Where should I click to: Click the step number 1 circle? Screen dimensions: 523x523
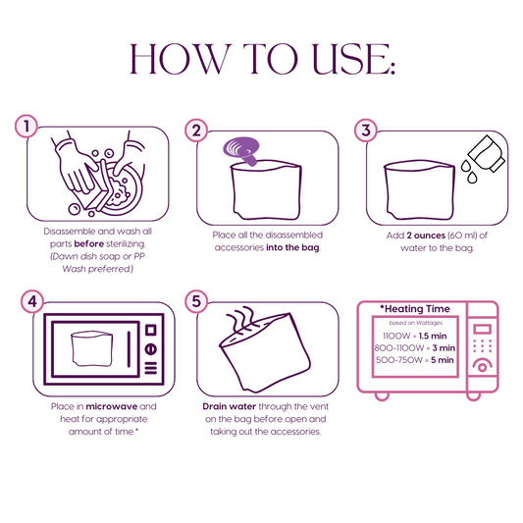pyautogui.click(x=26, y=126)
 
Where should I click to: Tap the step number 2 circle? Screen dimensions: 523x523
pyautogui.click(x=196, y=131)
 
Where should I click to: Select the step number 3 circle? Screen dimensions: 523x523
pyautogui.click(x=366, y=131)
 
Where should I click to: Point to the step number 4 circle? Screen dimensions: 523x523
pyautogui.click(x=32, y=301)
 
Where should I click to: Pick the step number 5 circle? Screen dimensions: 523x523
pyautogui.click(x=196, y=301)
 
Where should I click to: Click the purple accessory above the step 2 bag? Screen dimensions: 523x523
pyautogui.click(x=241, y=150)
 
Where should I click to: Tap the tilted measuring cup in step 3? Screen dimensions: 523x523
pyautogui.click(x=487, y=153)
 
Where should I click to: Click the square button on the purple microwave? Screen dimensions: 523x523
pyautogui.click(x=151, y=331)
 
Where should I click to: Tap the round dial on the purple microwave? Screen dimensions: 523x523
pyautogui.click(x=151, y=349)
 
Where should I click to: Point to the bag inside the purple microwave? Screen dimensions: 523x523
pyautogui.click(x=91, y=348)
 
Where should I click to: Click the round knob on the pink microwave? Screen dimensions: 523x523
pyautogui.click(x=483, y=367)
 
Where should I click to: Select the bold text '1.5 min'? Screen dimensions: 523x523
pyautogui.click(x=433, y=336)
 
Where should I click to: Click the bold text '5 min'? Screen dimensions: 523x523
pyautogui.click(x=442, y=360)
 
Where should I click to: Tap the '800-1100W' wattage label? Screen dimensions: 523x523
pyautogui.click(x=399, y=348)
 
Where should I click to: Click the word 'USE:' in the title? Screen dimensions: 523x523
pyautogui.click(x=354, y=59)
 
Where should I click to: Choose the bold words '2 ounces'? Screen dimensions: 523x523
pyautogui.click(x=426, y=235)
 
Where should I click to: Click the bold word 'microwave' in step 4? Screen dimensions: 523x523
pyautogui.click(x=112, y=406)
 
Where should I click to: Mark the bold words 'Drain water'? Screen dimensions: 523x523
pyautogui.click(x=230, y=406)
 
